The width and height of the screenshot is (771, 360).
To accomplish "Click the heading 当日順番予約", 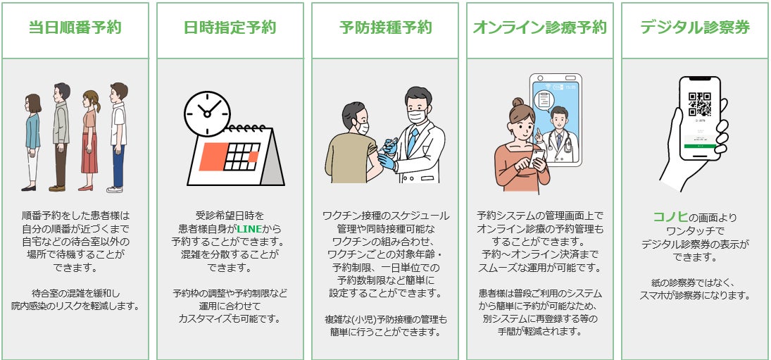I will pyautogui.click(x=75, y=28).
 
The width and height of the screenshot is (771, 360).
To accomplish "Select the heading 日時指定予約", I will pyautogui.click(x=230, y=28).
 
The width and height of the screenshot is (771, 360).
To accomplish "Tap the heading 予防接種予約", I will pyautogui.click(x=385, y=28).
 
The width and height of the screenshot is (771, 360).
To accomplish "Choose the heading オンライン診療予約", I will pyautogui.click(x=540, y=28).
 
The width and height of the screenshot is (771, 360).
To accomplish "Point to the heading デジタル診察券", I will pyautogui.click(x=695, y=28).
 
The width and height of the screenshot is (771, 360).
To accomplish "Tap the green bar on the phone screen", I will pyautogui.click(x=700, y=146).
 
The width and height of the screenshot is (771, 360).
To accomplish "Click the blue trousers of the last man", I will pyautogui.click(x=118, y=162).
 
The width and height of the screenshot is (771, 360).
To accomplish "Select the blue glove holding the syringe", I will pyautogui.click(x=387, y=160).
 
